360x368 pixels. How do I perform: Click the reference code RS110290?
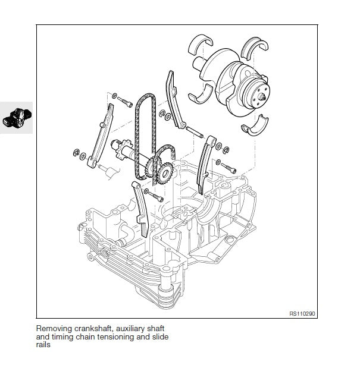[x=302, y=313]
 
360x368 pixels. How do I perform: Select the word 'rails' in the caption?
[x=43, y=345]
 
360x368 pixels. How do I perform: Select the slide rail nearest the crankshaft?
[x=174, y=98]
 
